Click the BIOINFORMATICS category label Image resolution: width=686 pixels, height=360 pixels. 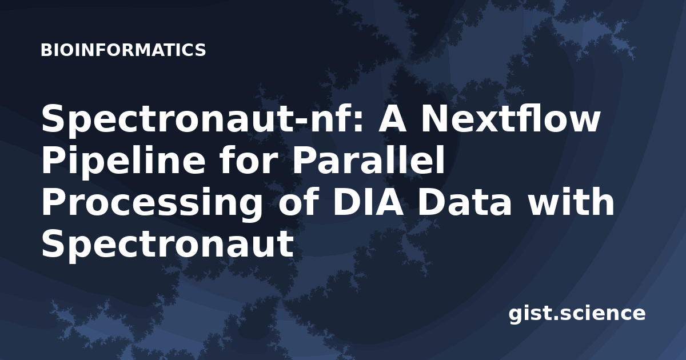tap(123, 50)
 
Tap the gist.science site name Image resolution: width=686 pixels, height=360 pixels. tap(577, 314)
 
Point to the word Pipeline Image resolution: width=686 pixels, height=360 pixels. tap(123, 162)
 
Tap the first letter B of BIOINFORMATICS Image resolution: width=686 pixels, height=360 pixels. tap(46, 50)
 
